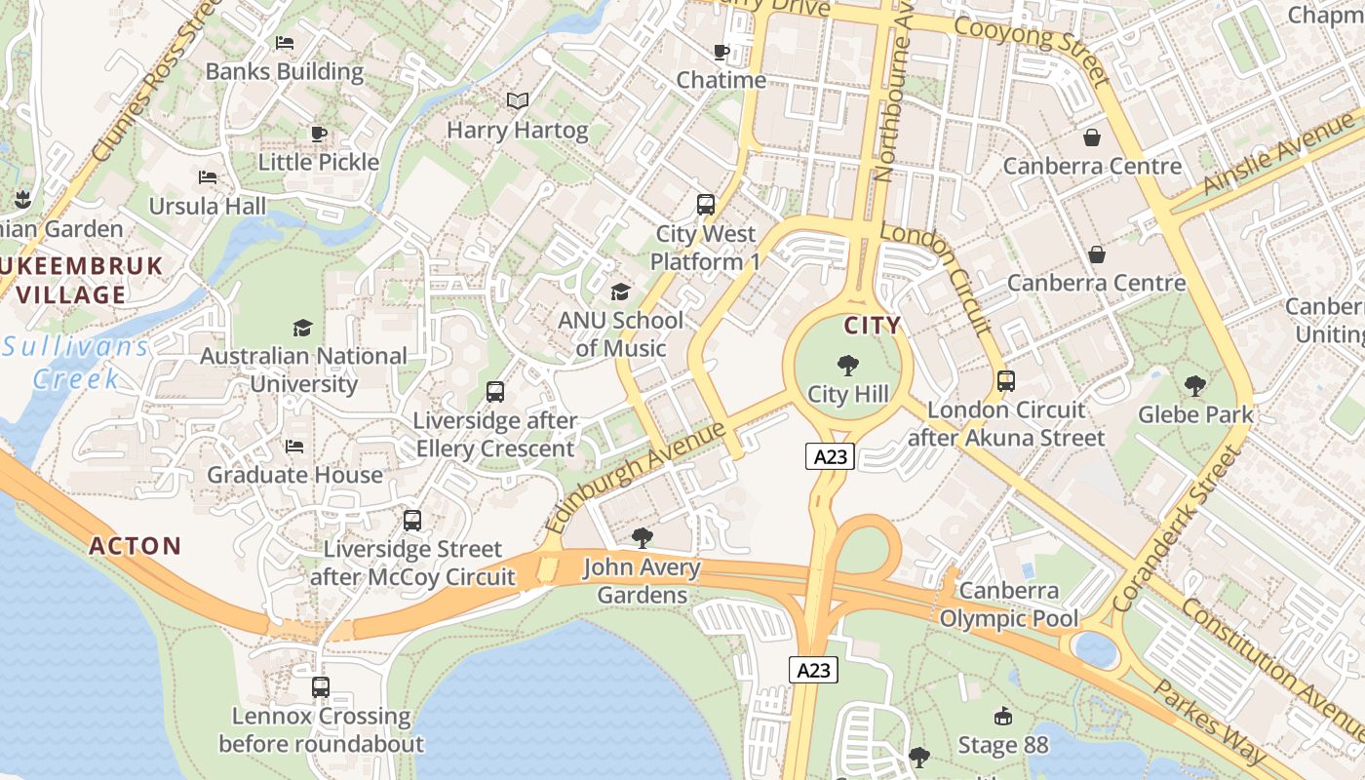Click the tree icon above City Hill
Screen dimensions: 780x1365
tap(848, 367)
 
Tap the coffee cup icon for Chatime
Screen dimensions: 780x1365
tap(721, 52)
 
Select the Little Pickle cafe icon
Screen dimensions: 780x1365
tap(318, 134)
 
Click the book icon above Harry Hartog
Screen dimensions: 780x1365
tap(518, 100)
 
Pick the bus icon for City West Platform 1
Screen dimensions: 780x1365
tap(706, 205)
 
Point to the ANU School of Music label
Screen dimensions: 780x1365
tap(620, 334)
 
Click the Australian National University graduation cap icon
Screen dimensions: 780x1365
tap(303, 328)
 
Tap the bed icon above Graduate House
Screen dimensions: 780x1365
tap(294, 447)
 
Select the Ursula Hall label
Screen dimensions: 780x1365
tap(207, 207)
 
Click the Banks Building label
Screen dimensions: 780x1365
tap(285, 72)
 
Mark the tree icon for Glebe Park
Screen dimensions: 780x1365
tap(1195, 386)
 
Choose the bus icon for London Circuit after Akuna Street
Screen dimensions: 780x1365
tap(1006, 381)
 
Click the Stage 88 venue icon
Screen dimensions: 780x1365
tap(1002, 718)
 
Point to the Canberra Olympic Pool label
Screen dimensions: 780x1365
tap(1009, 604)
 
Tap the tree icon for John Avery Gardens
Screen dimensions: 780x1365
tap(643, 537)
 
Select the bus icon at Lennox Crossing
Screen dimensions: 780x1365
tap(321, 687)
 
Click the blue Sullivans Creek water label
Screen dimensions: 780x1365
tap(76, 362)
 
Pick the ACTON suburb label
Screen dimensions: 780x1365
tap(136, 546)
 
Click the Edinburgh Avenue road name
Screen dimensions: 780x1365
tap(636, 477)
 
